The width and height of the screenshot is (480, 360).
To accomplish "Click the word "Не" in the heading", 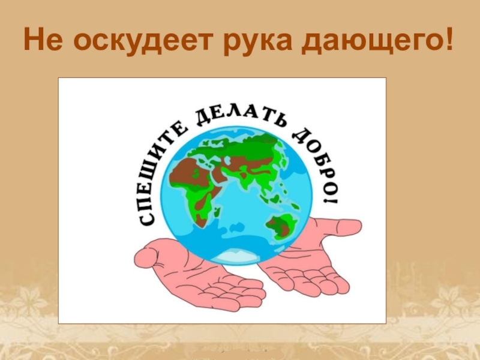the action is pyautogui.click(x=43, y=39).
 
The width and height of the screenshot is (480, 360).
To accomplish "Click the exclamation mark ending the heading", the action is pyautogui.click(x=447, y=39).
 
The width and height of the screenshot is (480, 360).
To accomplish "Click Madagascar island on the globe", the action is pyautogui.click(x=217, y=212).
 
